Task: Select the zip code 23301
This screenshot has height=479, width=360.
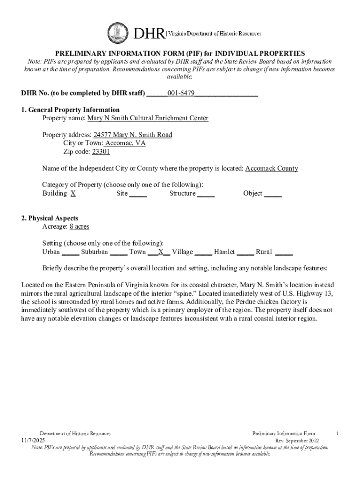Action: point(101,152)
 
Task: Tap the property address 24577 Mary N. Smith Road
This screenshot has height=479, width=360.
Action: point(133,135)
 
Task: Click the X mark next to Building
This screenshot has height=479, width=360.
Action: point(73,193)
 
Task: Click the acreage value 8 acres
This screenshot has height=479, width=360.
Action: point(79,226)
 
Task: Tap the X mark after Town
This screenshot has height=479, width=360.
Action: point(160,252)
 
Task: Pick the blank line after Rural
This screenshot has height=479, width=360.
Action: point(284,253)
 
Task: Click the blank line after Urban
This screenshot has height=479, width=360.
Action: point(70,253)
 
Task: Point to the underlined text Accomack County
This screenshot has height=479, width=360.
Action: point(272,168)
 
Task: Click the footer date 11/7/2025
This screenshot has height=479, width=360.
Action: point(33,441)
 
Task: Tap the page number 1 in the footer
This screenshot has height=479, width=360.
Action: point(337,434)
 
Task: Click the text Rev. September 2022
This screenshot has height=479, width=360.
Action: point(297,441)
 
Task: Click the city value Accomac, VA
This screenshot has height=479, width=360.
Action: point(125,143)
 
